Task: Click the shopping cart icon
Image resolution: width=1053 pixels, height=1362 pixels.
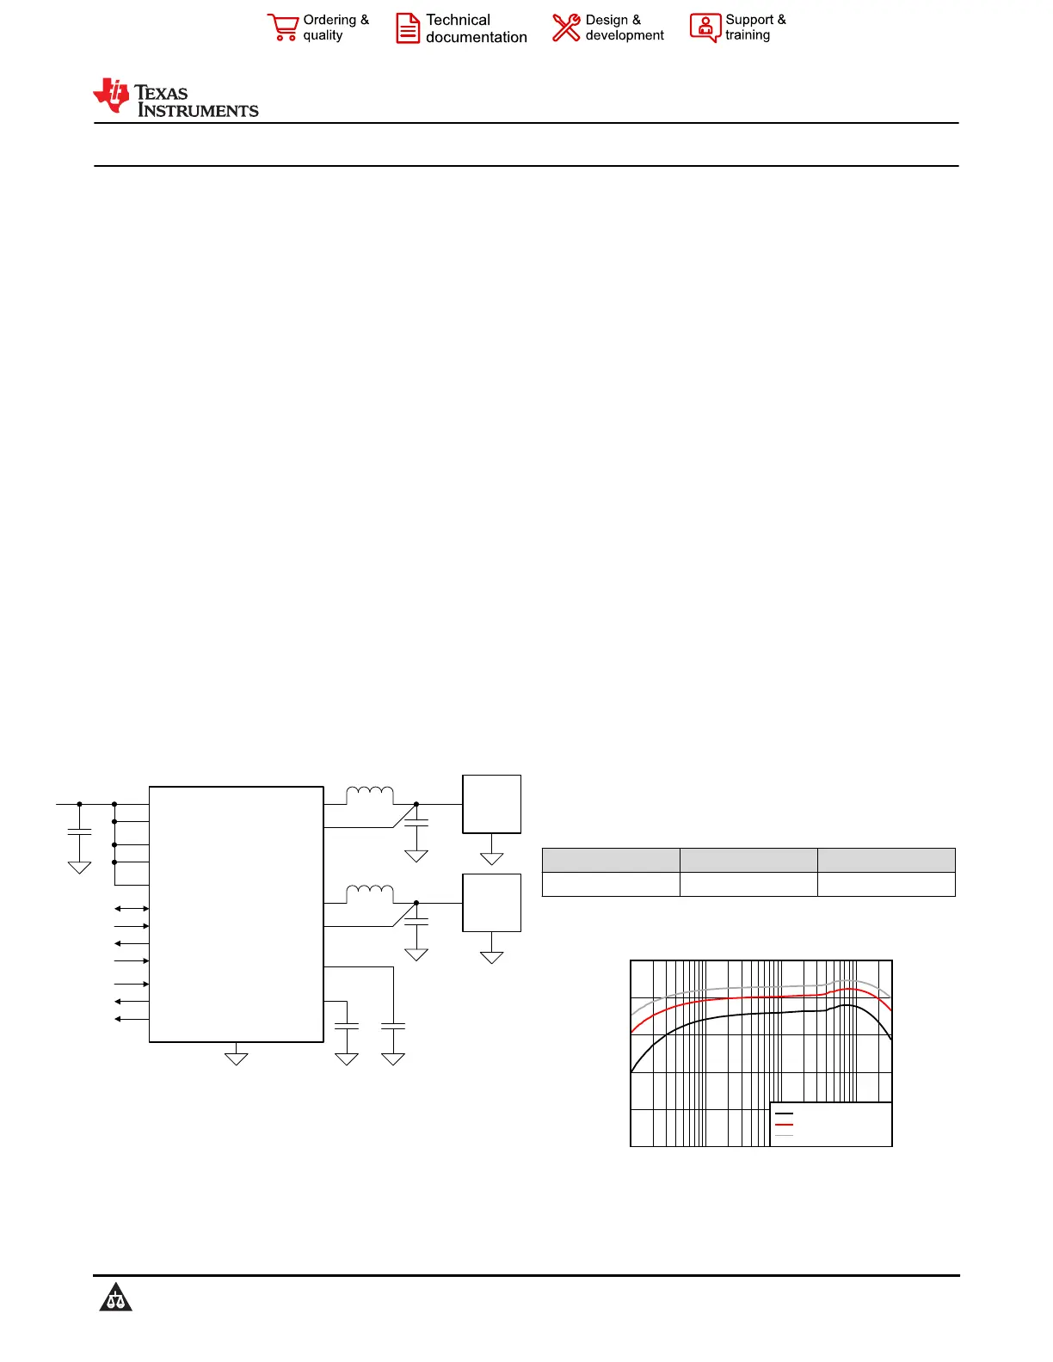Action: tap(283, 28)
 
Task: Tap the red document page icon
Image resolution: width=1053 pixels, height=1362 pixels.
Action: tap(407, 28)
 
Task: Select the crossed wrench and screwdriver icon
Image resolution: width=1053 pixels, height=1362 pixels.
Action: tap(566, 28)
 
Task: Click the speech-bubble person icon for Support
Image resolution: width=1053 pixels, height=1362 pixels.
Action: tap(705, 28)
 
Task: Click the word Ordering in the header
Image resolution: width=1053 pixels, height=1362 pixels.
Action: tap(329, 21)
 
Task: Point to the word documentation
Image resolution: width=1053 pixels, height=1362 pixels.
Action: tap(476, 37)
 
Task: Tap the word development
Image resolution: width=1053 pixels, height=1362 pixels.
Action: tap(624, 36)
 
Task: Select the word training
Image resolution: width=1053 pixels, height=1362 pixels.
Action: tap(747, 35)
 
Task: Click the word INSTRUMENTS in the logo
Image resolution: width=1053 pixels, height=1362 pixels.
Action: tap(198, 110)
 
